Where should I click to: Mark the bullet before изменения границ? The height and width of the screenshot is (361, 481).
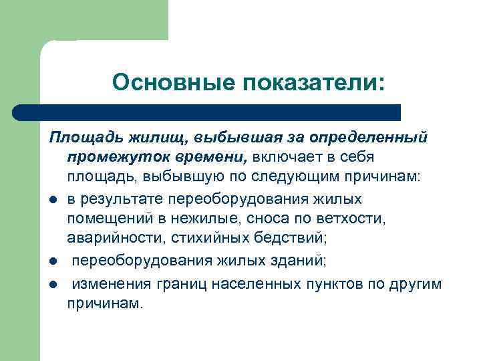pyautogui.click(x=53, y=284)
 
